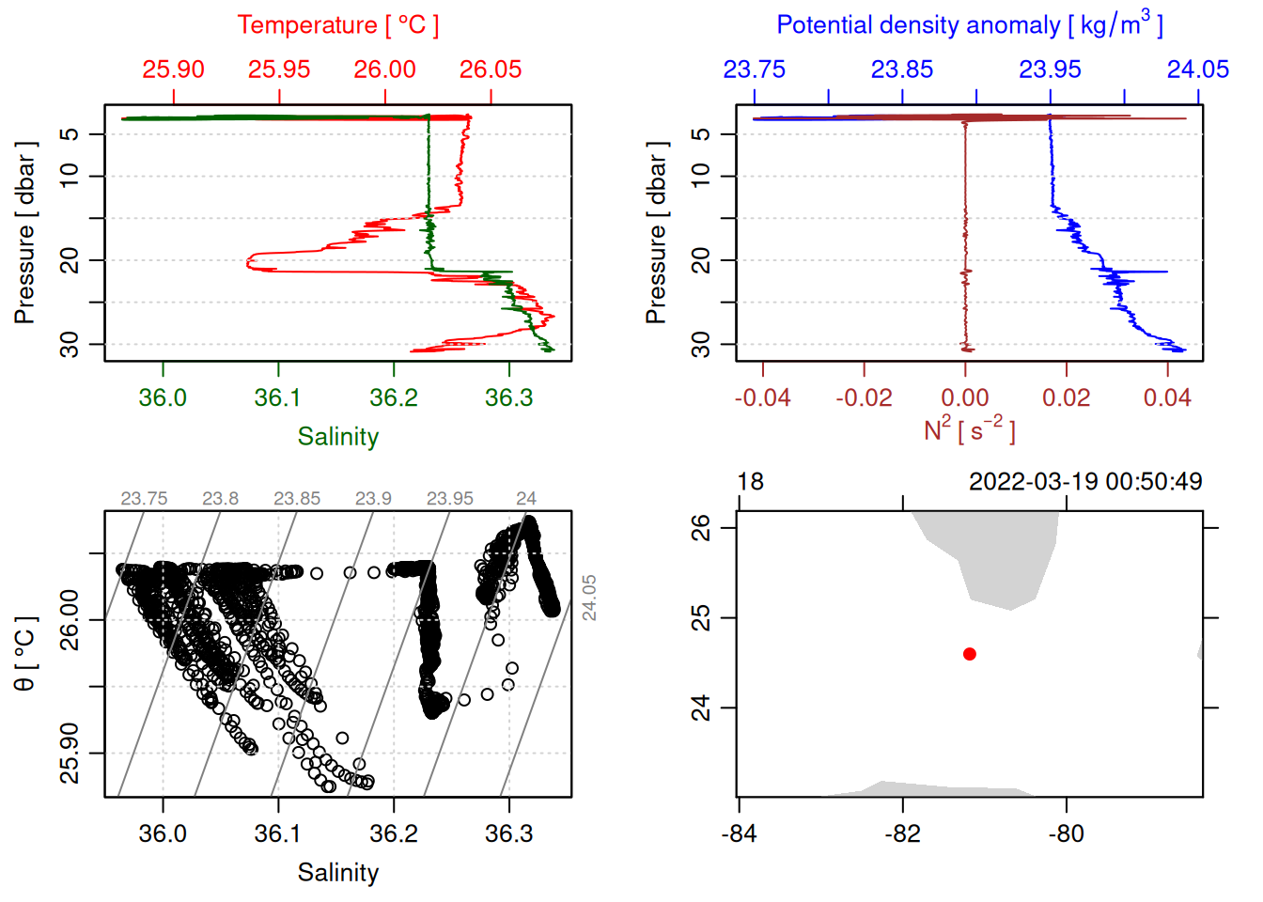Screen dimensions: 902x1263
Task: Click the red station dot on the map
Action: coord(969,654)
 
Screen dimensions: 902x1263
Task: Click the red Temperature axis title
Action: coord(337,25)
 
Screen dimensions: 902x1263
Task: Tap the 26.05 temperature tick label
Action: coord(491,70)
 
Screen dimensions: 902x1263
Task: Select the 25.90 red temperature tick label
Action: coord(174,70)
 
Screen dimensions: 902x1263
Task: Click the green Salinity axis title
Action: coord(337,437)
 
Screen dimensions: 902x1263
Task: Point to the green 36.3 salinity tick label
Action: coord(508,398)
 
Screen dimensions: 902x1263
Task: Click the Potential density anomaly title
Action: coord(969,25)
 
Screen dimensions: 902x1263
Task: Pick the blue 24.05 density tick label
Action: coord(1197,70)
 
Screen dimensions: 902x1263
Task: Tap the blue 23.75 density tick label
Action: coord(754,70)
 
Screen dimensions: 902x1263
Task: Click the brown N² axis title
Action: coord(969,429)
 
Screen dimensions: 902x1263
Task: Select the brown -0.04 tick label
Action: coord(762,398)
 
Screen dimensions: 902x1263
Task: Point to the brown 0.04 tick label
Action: coord(1167,398)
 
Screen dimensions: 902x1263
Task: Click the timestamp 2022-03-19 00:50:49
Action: coord(1085,482)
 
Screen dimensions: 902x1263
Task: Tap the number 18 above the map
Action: coord(750,482)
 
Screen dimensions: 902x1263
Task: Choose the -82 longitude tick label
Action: coord(902,833)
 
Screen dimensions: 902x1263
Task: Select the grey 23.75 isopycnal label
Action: coord(144,499)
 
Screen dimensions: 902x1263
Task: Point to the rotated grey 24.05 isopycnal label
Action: coord(589,598)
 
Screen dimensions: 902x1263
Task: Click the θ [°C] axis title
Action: coord(24,654)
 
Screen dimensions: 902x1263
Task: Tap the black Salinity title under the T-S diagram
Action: coord(337,873)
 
